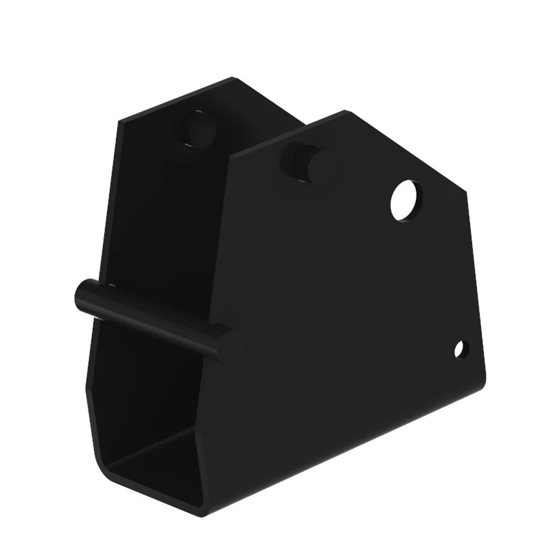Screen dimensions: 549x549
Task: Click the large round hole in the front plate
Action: coord(406,200)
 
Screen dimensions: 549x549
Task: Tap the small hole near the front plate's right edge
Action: coord(460,349)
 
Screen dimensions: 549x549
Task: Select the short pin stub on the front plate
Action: coord(301,162)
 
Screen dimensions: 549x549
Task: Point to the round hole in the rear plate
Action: coord(198,129)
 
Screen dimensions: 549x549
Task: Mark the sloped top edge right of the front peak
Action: coord(405,152)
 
